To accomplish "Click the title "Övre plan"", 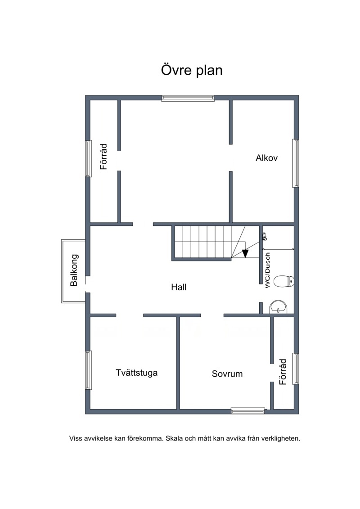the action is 192,71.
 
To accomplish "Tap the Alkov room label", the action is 266,158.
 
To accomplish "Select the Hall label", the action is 179,287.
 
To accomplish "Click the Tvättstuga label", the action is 137,372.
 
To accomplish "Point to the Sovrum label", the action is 227,374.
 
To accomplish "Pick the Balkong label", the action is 74,270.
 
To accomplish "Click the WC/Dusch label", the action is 267,270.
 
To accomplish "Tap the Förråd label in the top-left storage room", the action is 103,157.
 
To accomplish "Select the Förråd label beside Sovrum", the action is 283,372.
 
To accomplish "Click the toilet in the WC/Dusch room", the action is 284,281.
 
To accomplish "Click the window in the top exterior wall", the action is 188,98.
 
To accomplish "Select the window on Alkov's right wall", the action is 295,163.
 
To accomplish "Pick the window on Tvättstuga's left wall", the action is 88,370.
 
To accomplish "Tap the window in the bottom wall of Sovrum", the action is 248,411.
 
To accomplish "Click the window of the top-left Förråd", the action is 88,158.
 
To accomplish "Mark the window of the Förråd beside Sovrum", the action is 295,369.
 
